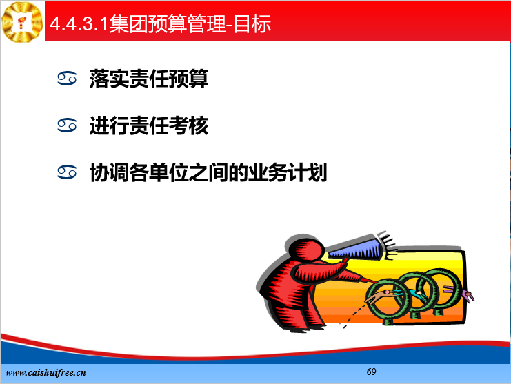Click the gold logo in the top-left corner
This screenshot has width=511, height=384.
coord(22,21)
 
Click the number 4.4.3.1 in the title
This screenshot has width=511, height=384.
coord(79,23)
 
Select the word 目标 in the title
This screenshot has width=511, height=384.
coord(252,23)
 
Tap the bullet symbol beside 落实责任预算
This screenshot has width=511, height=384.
coord(67,79)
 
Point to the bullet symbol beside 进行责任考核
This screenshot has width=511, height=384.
coord(67,125)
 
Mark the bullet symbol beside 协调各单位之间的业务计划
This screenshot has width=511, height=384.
coord(67,172)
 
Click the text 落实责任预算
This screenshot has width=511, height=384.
coord(149,79)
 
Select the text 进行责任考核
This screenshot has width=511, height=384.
coord(149,125)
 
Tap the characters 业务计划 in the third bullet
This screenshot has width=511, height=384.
coord(288,172)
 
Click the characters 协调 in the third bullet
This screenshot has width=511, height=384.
coord(109,172)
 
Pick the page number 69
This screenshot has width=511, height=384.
coord(371,372)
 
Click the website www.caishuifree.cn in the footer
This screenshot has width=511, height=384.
coord(46,372)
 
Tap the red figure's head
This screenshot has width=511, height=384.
coord(305,248)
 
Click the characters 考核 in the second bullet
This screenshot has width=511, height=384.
coord(188,125)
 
